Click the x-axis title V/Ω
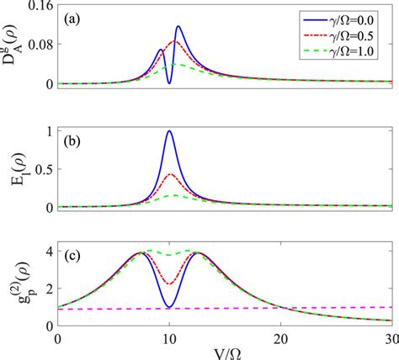point(226,352)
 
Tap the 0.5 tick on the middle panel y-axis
point(39,169)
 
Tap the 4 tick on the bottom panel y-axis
point(45,252)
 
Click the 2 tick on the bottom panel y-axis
point(45,289)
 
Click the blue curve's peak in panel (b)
point(169,131)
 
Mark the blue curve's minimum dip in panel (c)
point(169,306)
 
